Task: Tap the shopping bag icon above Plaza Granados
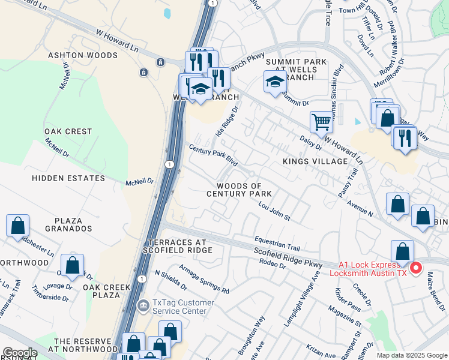(x=17, y=226)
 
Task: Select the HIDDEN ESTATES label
(x=64, y=178)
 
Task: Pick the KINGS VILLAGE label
(x=315, y=161)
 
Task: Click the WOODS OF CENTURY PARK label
(x=239, y=190)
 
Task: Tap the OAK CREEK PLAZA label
(x=107, y=292)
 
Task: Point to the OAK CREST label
(x=68, y=131)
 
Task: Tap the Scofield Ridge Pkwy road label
(x=288, y=256)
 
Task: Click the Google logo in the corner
(x=20, y=353)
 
